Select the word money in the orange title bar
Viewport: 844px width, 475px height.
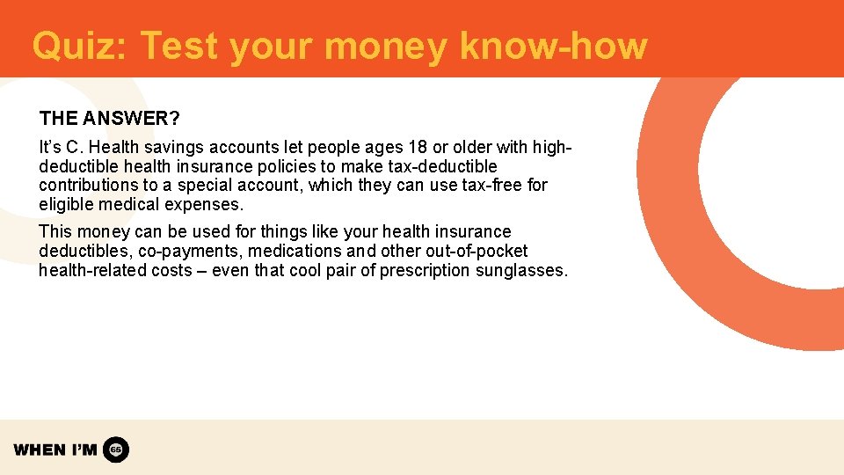point(384,46)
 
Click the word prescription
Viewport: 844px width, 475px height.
point(426,270)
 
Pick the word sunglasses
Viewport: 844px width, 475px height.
point(521,270)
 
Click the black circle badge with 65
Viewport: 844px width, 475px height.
point(116,449)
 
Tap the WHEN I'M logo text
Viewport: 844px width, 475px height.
point(55,449)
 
